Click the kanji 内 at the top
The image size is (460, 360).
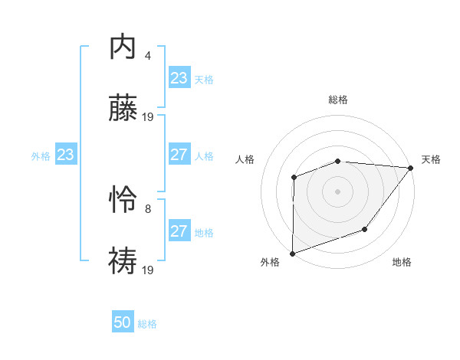tap(123, 47)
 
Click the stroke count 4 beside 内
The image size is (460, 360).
tap(147, 55)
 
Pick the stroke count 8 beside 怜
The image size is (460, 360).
tap(147, 208)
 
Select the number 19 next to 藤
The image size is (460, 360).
tap(149, 117)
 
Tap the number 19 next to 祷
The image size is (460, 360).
tap(149, 270)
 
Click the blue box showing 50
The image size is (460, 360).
tap(123, 322)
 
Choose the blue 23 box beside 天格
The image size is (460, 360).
tap(179, 78)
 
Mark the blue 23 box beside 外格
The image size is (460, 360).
tap(66, 155)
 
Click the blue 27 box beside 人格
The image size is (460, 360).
tap(179, 155)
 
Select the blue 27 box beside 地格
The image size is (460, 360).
tap(179, 231)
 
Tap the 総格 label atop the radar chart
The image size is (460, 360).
tap(338, 100)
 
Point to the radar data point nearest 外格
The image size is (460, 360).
tap(293, 253)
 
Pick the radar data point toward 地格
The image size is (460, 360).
tap(366, 229)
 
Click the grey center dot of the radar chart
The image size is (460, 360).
tap(337, 191)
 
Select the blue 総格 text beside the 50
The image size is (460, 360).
tap(147, 324)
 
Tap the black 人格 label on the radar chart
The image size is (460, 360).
tap(245, 159)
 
